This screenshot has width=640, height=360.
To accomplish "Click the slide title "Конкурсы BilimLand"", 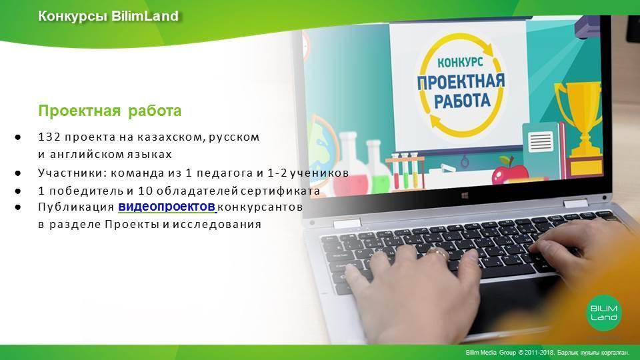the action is click(108, 16).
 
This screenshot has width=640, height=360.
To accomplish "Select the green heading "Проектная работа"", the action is click(110, 111).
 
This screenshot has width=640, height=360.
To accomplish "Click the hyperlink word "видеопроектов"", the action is click(167, 207).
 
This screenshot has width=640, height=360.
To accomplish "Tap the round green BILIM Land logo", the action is click(604, 313).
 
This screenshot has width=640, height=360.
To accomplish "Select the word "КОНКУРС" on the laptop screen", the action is click(460, 62).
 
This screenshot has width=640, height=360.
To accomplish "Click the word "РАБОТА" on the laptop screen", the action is click(461, 101).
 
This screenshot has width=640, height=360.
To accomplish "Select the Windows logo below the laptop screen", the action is click(465, 196).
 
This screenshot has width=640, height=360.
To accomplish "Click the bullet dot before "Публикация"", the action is click(17, 207).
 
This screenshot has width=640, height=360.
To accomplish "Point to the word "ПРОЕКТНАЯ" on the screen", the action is click(461, 81).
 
